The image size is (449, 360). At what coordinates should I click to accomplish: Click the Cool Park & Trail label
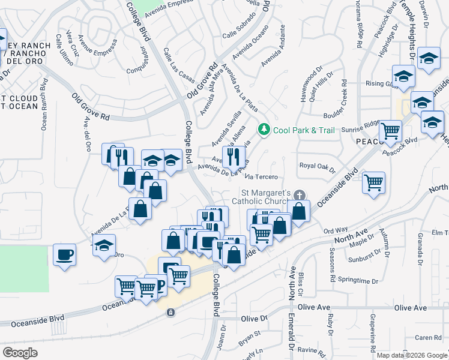[295, 130]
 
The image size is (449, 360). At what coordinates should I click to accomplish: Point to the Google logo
[20, 353]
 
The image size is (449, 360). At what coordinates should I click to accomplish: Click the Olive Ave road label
[411, 308]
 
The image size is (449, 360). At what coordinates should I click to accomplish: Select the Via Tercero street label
[262, 177]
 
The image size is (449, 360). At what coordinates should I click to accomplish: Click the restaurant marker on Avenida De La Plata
[233, 157]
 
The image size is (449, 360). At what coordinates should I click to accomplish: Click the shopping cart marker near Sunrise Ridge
[391, 131]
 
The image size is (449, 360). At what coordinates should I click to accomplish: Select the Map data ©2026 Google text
[412, 355]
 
